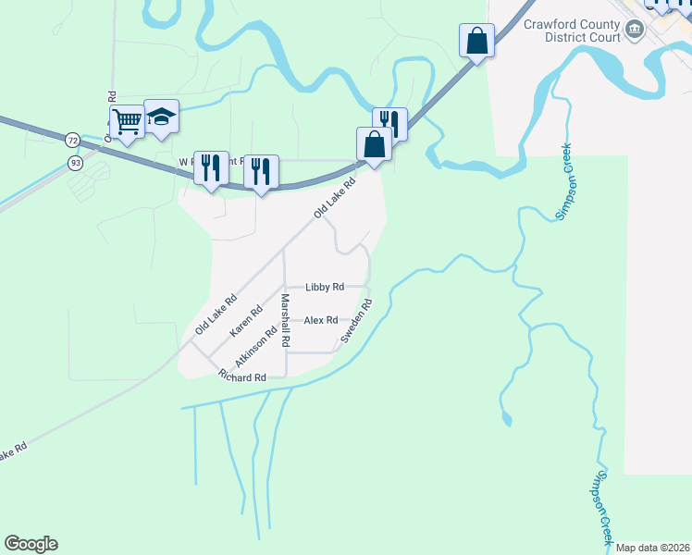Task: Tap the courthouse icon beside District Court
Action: [635, 31]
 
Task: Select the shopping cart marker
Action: [127, 120]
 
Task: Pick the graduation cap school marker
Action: [161, 117]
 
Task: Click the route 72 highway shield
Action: [73, 141]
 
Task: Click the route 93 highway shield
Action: [73, 163]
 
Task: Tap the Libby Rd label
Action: [325, 288]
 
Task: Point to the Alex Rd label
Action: [320, 320]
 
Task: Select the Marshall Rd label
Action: [286, 320]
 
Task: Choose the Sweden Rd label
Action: [355, 322]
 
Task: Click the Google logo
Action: [31, 544]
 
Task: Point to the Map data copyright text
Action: [653, 548]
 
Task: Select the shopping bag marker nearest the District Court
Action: [476, 42]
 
